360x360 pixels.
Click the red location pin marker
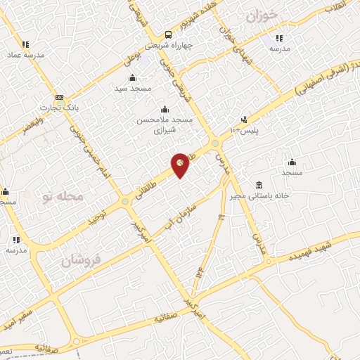180,165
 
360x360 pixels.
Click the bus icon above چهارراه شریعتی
168,34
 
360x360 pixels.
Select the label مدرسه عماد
25,55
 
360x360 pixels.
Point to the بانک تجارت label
58,109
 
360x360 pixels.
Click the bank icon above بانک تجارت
58,98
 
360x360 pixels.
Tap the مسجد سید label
132,89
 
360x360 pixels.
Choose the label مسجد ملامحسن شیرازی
164,125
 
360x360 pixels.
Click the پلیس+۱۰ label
246,131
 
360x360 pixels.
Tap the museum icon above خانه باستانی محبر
259,184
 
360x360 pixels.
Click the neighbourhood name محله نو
62,195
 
